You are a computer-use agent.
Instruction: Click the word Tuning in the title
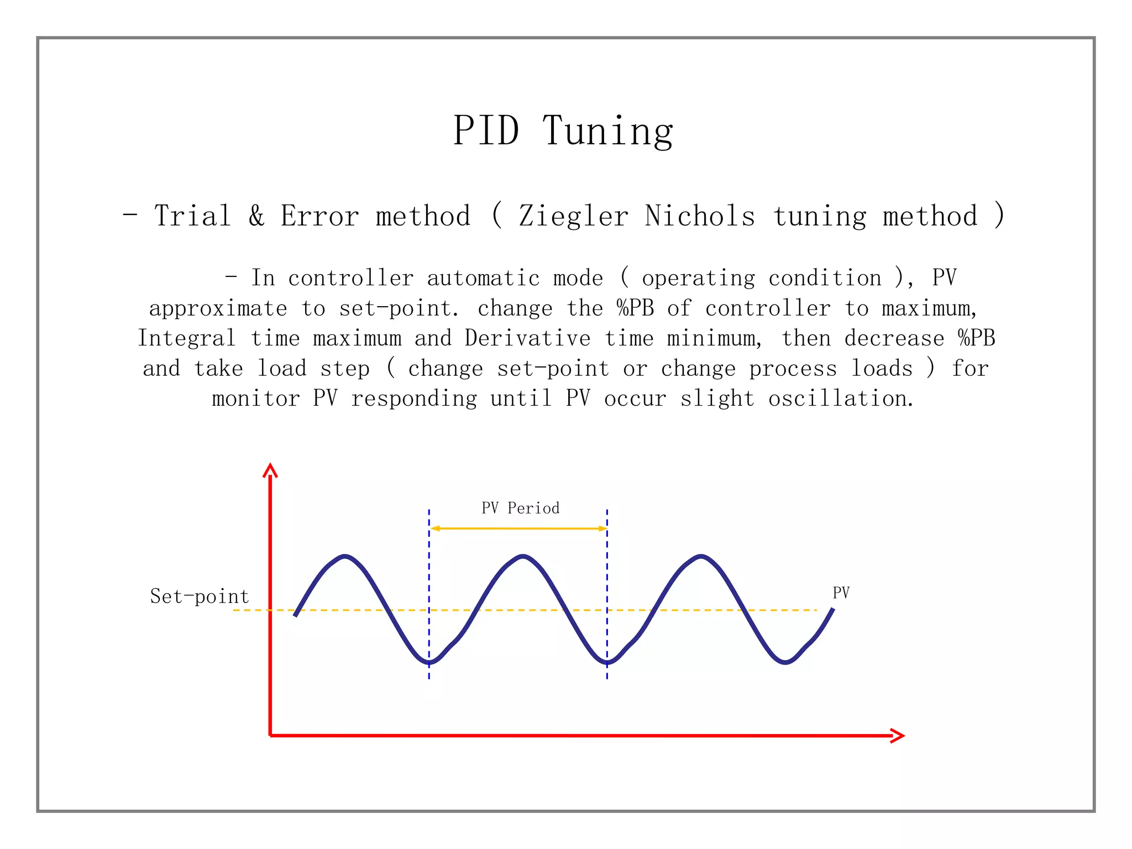pos(607,132)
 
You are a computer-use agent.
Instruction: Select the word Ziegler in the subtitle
pos(573,216)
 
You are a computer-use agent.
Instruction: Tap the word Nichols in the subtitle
pos(699,216)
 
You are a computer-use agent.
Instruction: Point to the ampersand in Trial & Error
pos(256,216)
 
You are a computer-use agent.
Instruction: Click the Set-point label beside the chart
pos(200,596)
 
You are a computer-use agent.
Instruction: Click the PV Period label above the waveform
pos(520,508)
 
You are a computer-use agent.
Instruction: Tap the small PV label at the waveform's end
pos(841,593)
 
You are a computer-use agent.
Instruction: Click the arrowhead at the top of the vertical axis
pos(270,470)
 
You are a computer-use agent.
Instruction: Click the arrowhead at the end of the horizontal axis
pos(898,735)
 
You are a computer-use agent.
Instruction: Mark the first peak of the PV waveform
pos(345,556)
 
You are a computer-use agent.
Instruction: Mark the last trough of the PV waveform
pos(785,662)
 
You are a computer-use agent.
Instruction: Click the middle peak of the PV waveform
pos(523,556)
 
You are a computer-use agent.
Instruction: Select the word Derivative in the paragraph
pos(527,338)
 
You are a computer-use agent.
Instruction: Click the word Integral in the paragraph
pos(187,338)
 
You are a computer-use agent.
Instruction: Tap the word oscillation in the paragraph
pos(840,399)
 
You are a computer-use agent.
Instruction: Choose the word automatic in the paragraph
pos(483,278)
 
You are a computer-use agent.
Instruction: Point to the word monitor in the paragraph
pos(256,399)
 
